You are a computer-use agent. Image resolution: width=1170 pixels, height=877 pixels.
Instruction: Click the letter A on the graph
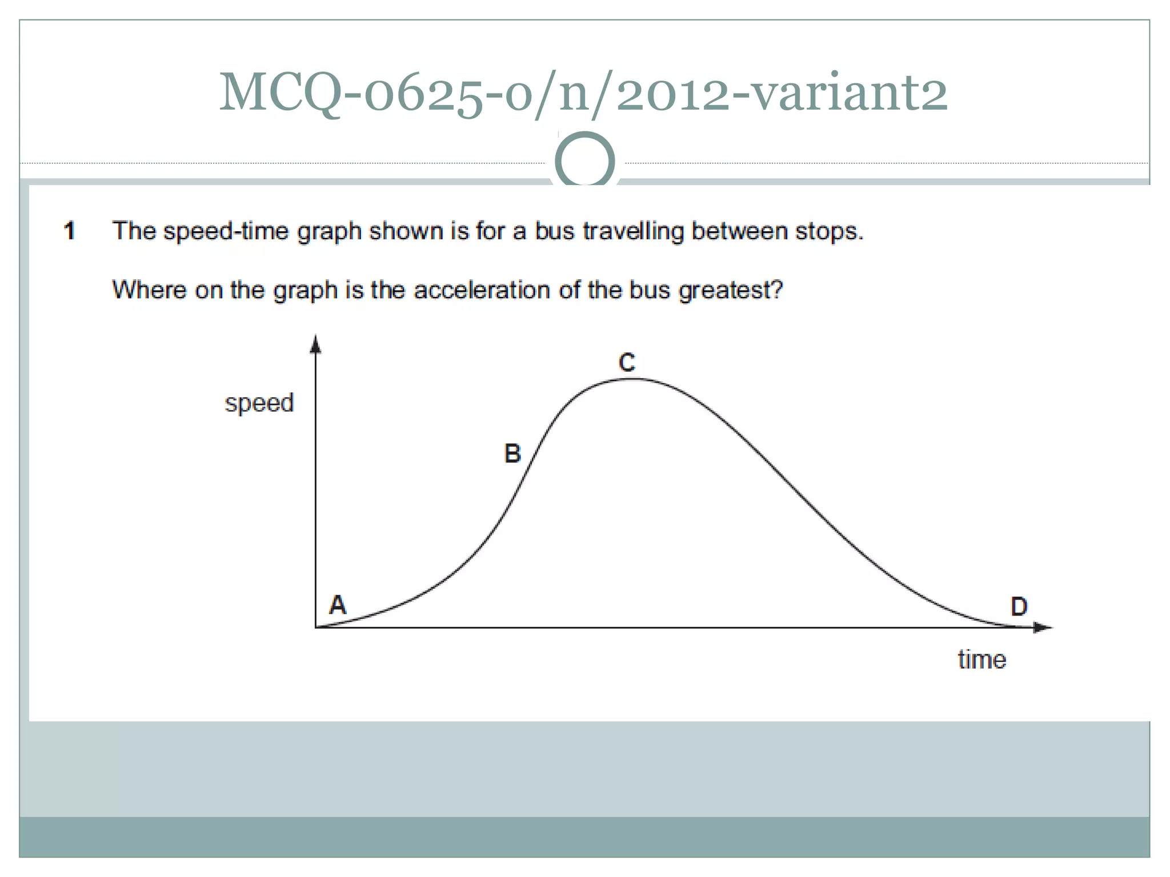(x=338, y=604)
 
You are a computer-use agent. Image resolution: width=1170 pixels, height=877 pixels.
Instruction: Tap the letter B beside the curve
(x=512, y=453)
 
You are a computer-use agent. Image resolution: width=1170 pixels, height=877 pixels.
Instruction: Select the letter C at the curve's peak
(x=627, y=363)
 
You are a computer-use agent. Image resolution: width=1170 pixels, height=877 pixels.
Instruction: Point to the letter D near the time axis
(x=1019, y=606)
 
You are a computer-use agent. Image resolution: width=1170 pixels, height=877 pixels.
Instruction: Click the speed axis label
(x=259, y=403)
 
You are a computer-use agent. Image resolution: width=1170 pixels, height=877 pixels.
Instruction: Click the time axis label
(x=981, y=660)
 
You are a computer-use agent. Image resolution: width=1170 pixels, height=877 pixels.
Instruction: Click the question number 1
(x=70, y=231)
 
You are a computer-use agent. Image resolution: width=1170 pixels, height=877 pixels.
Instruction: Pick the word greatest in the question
(x=730, y=291)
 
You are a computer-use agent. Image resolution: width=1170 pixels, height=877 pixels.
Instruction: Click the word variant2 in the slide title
(x=849, y=92)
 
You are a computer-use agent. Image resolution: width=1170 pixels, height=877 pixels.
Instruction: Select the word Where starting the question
(x=149, y=290)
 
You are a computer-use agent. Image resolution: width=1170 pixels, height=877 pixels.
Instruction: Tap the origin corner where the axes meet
(x=316, y=627)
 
